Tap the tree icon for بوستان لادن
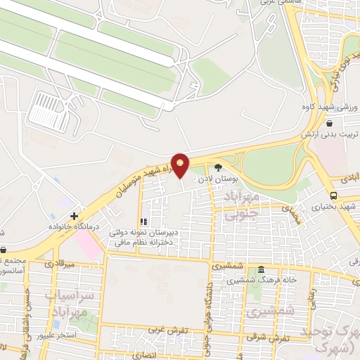click(x=218, y=167)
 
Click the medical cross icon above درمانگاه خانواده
click(x=73, y=216)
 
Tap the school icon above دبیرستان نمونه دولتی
click(x=144, y=222)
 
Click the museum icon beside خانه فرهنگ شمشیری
click(x=261, y=271)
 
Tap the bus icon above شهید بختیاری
click(x=333, y=195)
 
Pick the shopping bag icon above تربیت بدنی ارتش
click(x=328, y=123)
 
